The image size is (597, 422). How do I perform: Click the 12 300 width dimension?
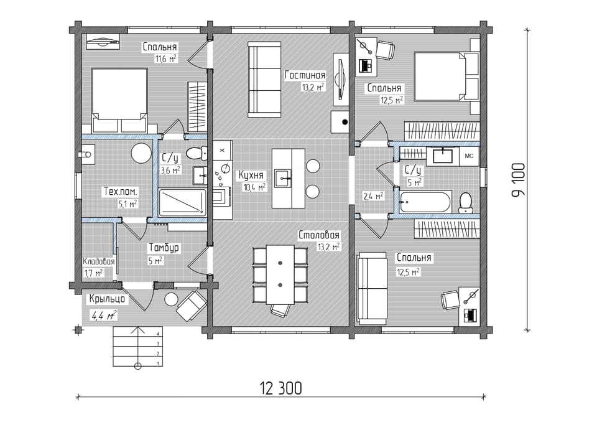[281, 388]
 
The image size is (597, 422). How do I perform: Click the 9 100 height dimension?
[518, 179]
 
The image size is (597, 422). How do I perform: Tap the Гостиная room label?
[305, 75]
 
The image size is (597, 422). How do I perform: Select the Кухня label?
[251, 176]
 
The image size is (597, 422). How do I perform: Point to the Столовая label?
[319, 235]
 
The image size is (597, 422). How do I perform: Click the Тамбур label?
[164, 248]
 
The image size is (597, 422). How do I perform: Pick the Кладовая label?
[99, 262]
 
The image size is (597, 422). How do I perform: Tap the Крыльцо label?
[107, 299]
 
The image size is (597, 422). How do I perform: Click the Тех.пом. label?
[121, 191]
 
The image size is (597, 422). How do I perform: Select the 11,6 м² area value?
[165, 59]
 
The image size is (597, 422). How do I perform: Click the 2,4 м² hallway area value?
[373, 196]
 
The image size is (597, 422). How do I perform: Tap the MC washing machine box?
[469, 156]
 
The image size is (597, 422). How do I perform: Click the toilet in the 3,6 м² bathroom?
[197, 153]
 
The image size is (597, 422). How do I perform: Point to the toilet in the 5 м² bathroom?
[465, 203]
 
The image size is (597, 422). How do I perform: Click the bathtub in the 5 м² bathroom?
[425, 202]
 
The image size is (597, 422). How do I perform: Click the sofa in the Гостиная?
[264, 79]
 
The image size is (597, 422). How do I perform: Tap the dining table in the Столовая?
[280, 274]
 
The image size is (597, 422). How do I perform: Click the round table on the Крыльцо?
[170, 299]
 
